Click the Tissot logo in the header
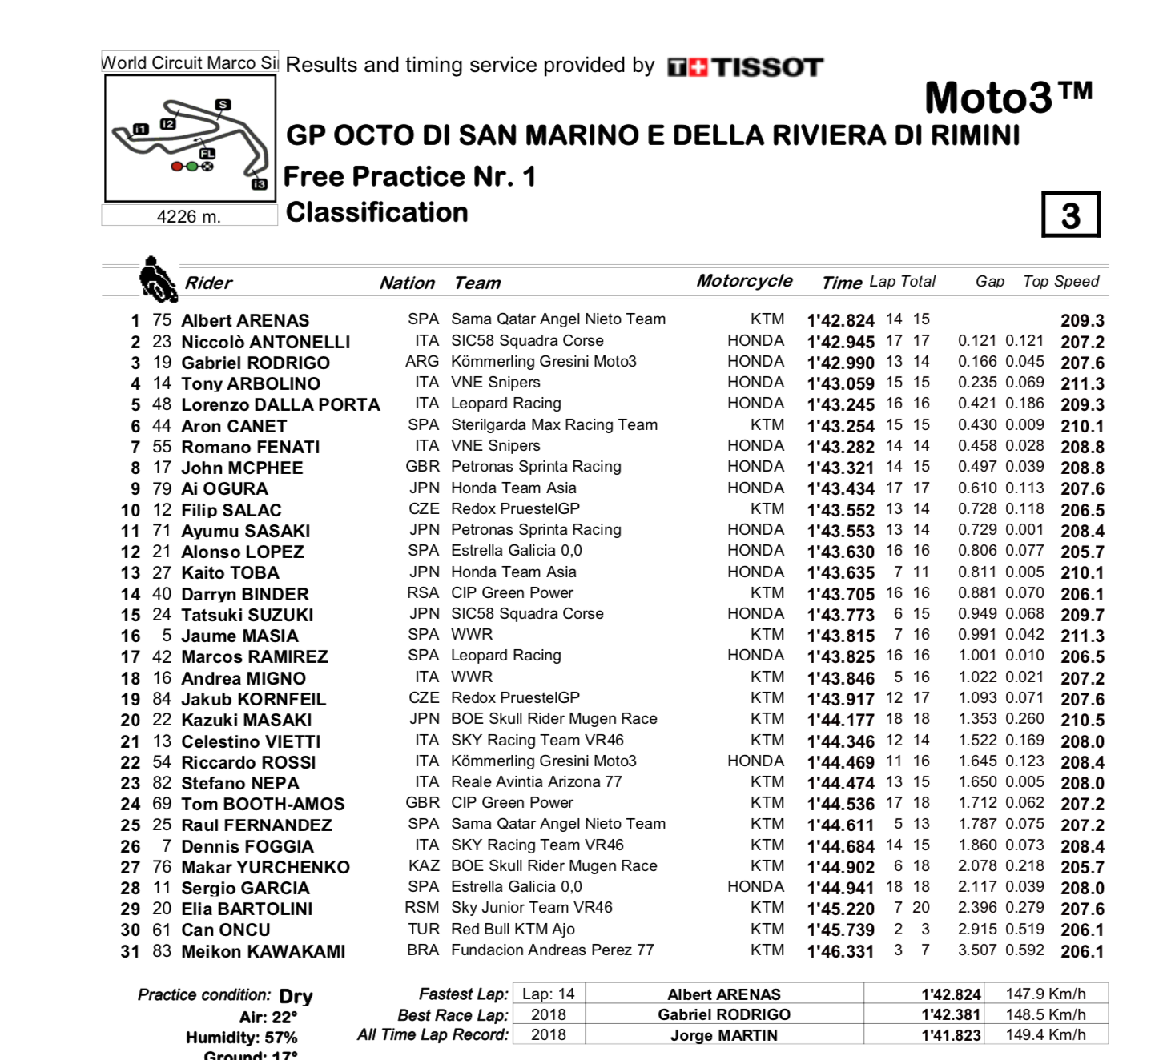pos(745,67)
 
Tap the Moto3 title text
pos(1008,98)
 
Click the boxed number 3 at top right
pos(1071,215)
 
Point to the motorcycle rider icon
pos(158,279)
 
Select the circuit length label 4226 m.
pos(189,216)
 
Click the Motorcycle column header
pos(744,281)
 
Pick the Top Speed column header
pos(1060,281)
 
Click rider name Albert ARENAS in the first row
pos(245,320)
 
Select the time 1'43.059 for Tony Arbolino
pos(841,383)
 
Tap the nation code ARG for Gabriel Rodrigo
pos(422,362)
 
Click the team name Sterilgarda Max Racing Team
pos(554,425)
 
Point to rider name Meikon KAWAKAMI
pos(264,951)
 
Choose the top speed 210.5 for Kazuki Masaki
pos(1082,720)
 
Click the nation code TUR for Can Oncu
pos(423,930)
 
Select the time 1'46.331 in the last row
pos(841,951)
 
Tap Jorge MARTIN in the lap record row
pos(724,1035)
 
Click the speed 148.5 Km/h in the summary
pos(1045,1014)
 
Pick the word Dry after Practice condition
pos(296,997)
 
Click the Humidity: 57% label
pos(241,1038)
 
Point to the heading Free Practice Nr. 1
pos(409,176)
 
